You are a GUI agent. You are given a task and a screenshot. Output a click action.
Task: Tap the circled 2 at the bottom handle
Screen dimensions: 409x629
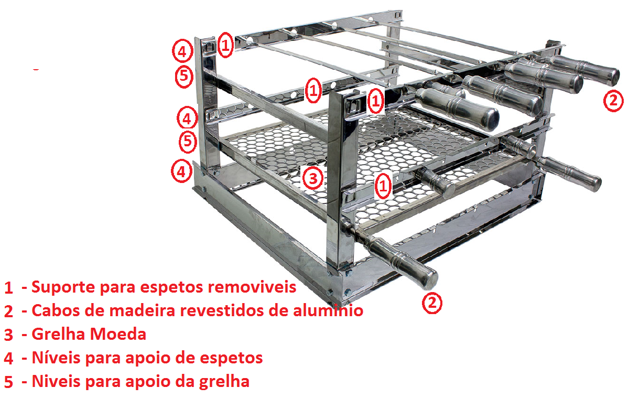click(432, 304)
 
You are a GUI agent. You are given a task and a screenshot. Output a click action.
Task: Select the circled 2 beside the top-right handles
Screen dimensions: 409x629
click(613, 100)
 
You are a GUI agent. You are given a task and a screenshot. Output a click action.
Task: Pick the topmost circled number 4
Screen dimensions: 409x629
click(181, 51)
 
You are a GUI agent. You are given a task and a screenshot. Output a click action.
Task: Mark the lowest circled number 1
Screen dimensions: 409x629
click(384, 185)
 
